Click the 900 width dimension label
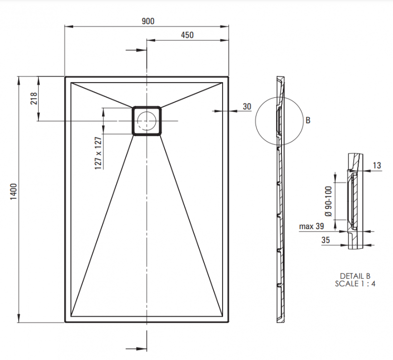tap(148, 21)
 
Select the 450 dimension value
tap(187, 35)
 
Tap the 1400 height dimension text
tap(14, 191)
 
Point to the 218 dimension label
tap(34, 98)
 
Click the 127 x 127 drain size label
tap(98, 153)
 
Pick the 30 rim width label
tap(247, 107)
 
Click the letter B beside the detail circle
tap(308, 120)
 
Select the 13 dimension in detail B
tap(377, 165)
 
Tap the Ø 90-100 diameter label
tap(328, 201)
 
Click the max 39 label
tap(311, 226)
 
